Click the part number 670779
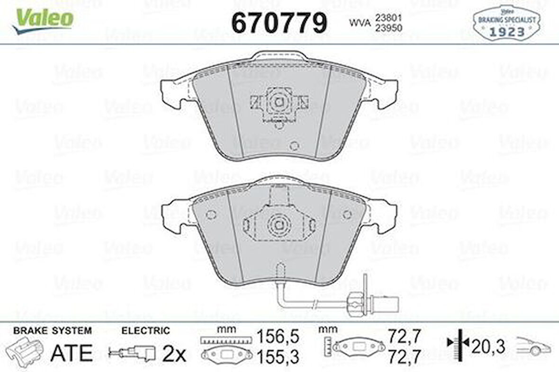[x=279, y=22]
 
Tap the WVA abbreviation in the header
[x=360, y=22]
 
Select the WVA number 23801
[x=388, y=17]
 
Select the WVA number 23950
[x=388, y=28]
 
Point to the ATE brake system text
[x=71, y=352]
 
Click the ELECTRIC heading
[x=145, y=331]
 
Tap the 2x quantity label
[x=174, y=353]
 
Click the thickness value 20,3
[x=488, y=346]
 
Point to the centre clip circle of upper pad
[x=279, y=101]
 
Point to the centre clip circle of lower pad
[x=279, y=224]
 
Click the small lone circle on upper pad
[x=294, y=146]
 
